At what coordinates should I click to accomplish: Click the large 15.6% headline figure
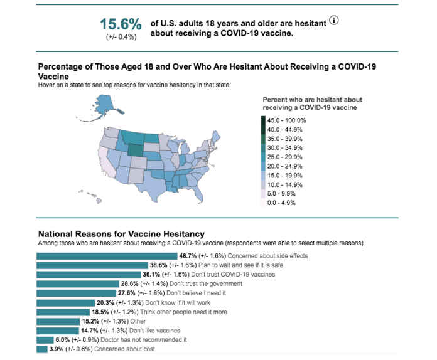pyautogui.click(x=121, y=24)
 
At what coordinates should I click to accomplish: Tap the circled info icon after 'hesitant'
pyautogui.click(x=333, y=21)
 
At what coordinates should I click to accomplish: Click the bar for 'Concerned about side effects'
pyautogui.click(x=107, y=256)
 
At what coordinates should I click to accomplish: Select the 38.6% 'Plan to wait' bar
pyautogui.click(x=92, y=265)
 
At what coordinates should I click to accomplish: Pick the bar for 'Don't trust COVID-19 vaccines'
pyautogui.click(x=88, y=275)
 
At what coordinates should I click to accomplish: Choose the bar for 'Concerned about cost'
pyautogui.click(x=41, y=349)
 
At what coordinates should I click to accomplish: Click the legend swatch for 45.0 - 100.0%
pyautogui.click(x=264, y=120)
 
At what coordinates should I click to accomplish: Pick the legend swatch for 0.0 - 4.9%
pyautogui.click(x=264, y=203)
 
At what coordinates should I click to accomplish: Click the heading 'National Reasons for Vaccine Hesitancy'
pyautogui.click(x=121, y=234)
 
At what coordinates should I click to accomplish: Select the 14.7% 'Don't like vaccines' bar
pyautogui.click(x=57, y=331)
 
